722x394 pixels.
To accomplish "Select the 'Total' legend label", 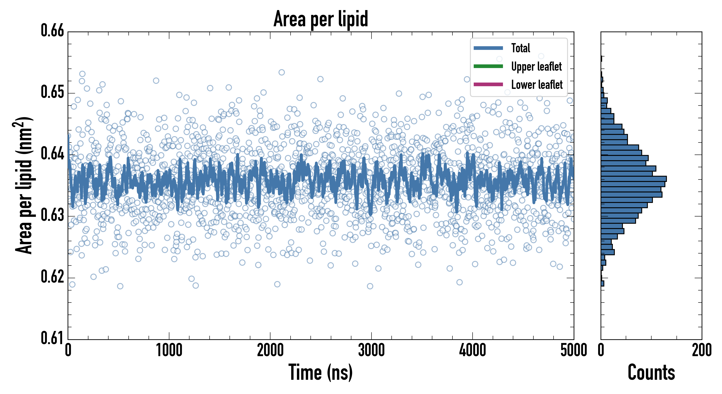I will pos(520,48).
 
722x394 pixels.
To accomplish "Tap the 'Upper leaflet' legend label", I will pos(536,67).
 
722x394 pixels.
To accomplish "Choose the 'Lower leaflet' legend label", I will pos(536,84).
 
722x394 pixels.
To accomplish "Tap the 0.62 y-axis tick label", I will pos(53,276).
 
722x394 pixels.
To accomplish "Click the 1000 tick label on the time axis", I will pos(169,350).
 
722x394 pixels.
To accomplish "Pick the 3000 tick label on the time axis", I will pos(371,350).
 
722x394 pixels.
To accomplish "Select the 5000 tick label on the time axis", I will pos(573,350).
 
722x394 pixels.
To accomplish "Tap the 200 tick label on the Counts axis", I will pos(701,350).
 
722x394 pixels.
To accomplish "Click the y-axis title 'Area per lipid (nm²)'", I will pos(24,185).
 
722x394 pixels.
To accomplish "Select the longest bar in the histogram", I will pos(633,179).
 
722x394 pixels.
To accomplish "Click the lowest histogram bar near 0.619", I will pos(602,283).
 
